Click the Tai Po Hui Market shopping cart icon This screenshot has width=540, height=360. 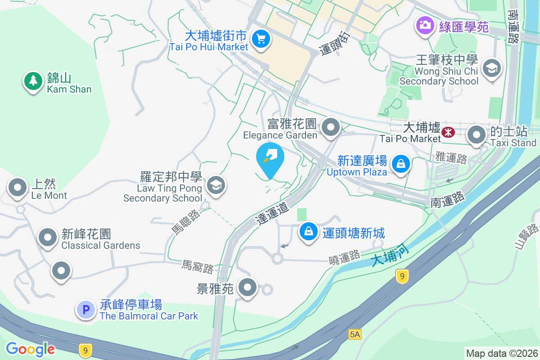click(x=261, y=39)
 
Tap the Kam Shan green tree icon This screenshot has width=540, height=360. click(x=33, y=81)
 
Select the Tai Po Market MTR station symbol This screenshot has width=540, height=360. click(x=448, y=132)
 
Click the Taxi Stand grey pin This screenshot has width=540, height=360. click(x=477, y=135)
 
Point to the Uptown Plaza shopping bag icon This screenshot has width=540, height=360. click(x=400, y=164)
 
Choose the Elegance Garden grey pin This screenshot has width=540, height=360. click(x=332, y=127)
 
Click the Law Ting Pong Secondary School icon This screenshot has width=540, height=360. click(x=216, y=185)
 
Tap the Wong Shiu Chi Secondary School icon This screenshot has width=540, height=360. click(x=491, y=69)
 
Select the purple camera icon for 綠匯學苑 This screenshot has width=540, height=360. click(x=424, y=24)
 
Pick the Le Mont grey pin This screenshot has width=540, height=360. click(x=18, y=187)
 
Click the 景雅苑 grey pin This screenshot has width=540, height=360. click(x=247, y=287)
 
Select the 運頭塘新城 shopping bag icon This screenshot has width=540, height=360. click(x=309, y=232)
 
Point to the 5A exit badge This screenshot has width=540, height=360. click(x=355, y=334)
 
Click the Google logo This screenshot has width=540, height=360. click(x=30, y=349)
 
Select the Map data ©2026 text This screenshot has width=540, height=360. click(x=502, y=353)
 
